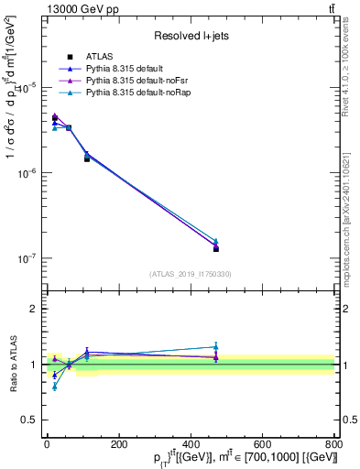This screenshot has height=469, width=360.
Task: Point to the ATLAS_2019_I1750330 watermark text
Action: pos(190,273)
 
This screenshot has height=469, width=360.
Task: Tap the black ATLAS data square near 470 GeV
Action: pos(215,249)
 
